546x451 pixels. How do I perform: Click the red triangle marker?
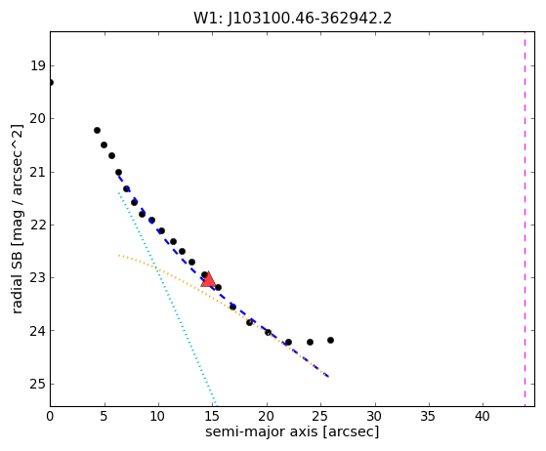(x=208, y=280)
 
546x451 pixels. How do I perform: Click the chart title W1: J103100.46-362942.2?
(x=292, y=19)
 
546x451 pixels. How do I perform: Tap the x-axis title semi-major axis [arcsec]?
(x=292, y=431)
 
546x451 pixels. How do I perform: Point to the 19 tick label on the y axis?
(x=38, y=65)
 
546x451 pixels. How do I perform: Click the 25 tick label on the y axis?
(x=38, y=384)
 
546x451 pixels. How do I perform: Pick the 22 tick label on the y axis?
(x=38, y=225)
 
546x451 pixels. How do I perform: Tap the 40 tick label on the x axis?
(x=483, y=416)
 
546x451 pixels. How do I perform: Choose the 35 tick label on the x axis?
(x=429, y=416)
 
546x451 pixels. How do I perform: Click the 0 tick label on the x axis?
(x=50, y=416)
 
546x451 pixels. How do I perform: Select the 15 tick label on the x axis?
(x=212, y=416)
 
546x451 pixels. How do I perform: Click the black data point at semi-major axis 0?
(x=51, y=82)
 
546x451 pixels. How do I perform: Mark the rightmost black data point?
(x=330, y=340)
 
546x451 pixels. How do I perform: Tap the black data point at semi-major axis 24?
(x=310, y=342)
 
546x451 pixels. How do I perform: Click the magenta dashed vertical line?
(x=525, y=219)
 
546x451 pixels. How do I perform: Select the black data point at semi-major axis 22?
(x=288, y=342)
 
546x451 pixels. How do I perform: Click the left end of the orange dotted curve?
(x=119, y=255)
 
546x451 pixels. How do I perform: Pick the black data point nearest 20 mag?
(x=97, y=130)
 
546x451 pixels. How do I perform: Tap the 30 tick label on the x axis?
(x=374, y=416)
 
